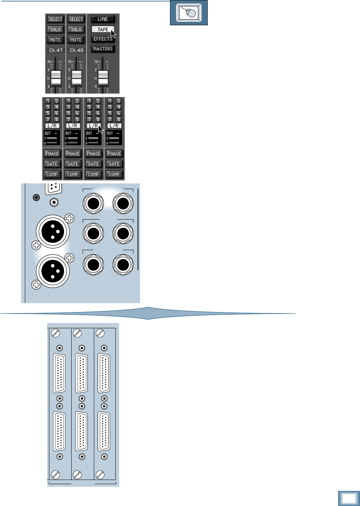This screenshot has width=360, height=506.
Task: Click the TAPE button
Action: point(103,29)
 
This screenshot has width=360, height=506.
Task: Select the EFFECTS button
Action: point(103,39)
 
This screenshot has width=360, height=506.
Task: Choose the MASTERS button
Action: point(103,49)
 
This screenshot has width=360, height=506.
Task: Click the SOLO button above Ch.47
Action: point(55,29)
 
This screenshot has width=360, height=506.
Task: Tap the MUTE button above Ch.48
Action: point(76,40)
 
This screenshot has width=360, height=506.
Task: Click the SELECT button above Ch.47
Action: point(55,19)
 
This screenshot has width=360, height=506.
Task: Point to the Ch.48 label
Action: point(77,50)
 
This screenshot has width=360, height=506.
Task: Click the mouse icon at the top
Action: point(189,13)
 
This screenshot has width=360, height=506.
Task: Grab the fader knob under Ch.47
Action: point(56,78)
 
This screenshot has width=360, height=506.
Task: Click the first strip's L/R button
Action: point(52,126)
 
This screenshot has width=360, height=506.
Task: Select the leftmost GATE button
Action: point(52,164)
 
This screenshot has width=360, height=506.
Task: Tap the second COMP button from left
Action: point(73,174)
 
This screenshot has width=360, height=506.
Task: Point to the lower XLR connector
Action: point(53,271)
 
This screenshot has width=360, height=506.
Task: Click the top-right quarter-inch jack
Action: point(123,203)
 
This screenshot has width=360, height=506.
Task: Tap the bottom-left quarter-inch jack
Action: point(93,265)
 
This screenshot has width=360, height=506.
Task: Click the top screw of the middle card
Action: point(78,333)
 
